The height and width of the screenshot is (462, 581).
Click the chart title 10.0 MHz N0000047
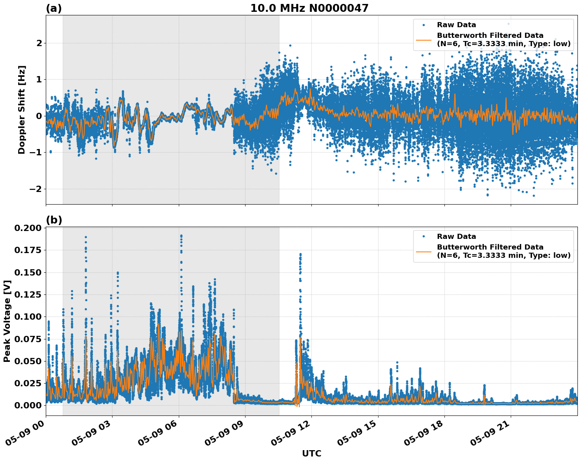(309, 8)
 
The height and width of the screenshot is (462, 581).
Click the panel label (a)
(54, 8)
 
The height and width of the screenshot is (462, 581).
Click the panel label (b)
(54, 220)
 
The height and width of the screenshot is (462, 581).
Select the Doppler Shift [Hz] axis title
(22, 110)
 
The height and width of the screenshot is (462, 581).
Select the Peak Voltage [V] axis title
(7, 321)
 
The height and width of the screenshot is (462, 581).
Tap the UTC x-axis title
(311, 453)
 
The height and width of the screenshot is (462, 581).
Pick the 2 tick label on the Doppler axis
(39, 43)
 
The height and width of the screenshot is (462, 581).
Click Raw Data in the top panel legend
(456, 25)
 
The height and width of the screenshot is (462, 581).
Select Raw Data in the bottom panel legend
(456, 237)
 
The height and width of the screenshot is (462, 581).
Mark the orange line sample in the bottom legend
(424, 251)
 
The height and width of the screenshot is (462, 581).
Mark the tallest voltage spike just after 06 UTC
(181, 236)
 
